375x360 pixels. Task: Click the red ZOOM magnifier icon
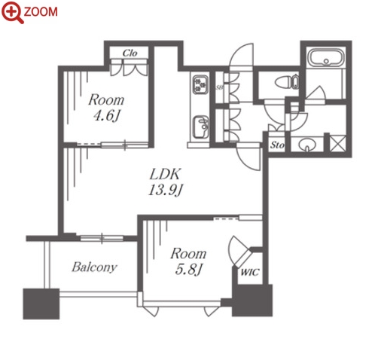12,12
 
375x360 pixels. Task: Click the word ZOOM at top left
41,12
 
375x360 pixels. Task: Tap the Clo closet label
130,53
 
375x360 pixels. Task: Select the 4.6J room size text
106,116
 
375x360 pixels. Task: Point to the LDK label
165,174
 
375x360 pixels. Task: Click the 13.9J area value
165,191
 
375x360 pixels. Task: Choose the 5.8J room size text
188,270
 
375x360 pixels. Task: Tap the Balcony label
94,267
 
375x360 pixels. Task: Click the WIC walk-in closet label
249,272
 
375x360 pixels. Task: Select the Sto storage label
277,145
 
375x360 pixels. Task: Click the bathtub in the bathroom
326,57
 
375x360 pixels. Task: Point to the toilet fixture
287,82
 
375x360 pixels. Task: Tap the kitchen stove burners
200,84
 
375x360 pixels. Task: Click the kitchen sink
200,127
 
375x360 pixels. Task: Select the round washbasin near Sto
307,145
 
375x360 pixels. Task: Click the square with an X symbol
337,143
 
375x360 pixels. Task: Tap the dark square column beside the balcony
41,304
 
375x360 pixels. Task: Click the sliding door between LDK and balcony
102,238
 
